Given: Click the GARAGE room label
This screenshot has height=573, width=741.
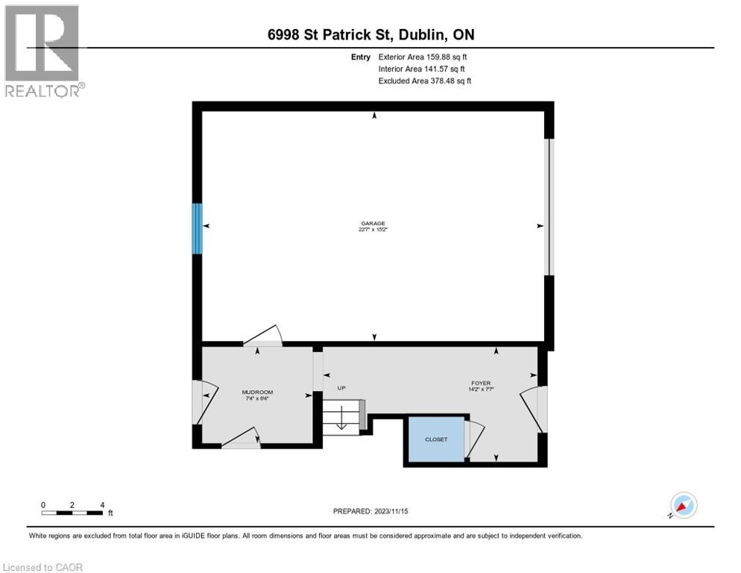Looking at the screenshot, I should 373,226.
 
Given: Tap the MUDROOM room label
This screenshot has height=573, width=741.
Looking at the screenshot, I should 257,395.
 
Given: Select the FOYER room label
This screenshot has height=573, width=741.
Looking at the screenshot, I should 480,386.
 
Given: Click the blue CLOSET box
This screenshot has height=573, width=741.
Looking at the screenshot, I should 436,439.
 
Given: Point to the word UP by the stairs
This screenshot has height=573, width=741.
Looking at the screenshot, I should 342,388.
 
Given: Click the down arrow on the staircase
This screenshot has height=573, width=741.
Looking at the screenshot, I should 341,419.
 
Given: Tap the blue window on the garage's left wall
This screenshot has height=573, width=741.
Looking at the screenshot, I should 198,228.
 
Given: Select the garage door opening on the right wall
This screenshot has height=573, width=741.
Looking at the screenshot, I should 549,207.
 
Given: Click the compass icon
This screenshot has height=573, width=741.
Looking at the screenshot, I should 682,505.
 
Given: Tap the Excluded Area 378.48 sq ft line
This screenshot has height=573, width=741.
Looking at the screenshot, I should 425,81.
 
